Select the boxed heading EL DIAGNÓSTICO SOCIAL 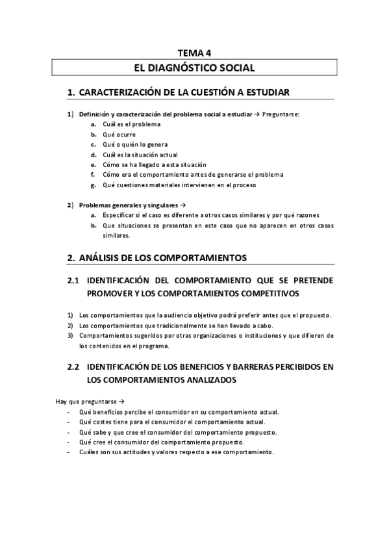click(x=194, y=68)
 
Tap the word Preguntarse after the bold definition click(x=281, y=114)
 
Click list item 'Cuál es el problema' click(x=132, y=124)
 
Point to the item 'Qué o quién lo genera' click(x=135, y=144)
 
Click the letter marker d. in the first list click(x=94, y=155)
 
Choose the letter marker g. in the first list click(x=94, y=185)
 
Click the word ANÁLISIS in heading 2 click(x=101, y=258)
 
